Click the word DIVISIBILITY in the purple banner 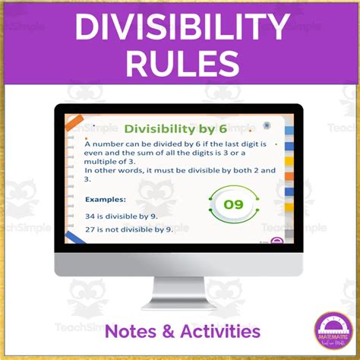tap(180, 30)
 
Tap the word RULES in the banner tap(180, 64)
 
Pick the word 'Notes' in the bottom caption tap(131, 331)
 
